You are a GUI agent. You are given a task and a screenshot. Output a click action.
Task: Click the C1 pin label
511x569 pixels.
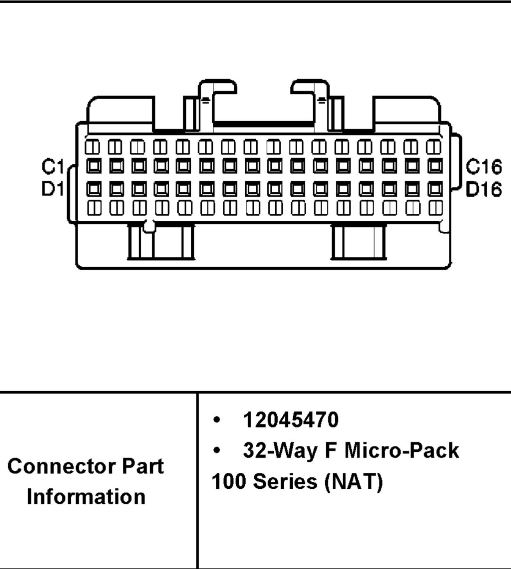point(53,167)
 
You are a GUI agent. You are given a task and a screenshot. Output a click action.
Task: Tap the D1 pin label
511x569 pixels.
point(53,189)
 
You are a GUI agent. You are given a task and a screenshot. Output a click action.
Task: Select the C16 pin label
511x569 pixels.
point(484,167)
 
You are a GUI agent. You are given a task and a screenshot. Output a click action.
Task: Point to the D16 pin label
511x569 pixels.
point(484,189)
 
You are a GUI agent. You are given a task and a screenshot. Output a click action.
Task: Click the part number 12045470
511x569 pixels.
point(291,420)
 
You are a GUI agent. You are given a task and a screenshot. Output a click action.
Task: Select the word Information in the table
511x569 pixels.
point(86,496)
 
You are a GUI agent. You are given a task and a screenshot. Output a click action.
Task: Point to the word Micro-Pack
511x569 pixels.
point(402,450)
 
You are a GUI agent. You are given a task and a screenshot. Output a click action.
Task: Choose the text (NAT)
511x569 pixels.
point(354,481)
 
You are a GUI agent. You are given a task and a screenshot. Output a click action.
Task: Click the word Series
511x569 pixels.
point(285,481)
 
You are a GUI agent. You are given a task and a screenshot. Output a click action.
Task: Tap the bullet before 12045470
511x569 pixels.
point(217,420)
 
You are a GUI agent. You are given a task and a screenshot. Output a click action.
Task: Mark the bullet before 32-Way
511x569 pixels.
point(217,451)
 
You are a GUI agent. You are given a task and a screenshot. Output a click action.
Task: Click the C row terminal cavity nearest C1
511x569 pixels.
point(94,166)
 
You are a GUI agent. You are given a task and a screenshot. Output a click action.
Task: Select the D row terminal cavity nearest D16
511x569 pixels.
point(435,189)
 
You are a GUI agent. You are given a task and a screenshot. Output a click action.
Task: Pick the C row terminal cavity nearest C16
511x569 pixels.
point(435,166)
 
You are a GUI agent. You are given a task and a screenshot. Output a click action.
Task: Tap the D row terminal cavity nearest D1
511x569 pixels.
point(94,189)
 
